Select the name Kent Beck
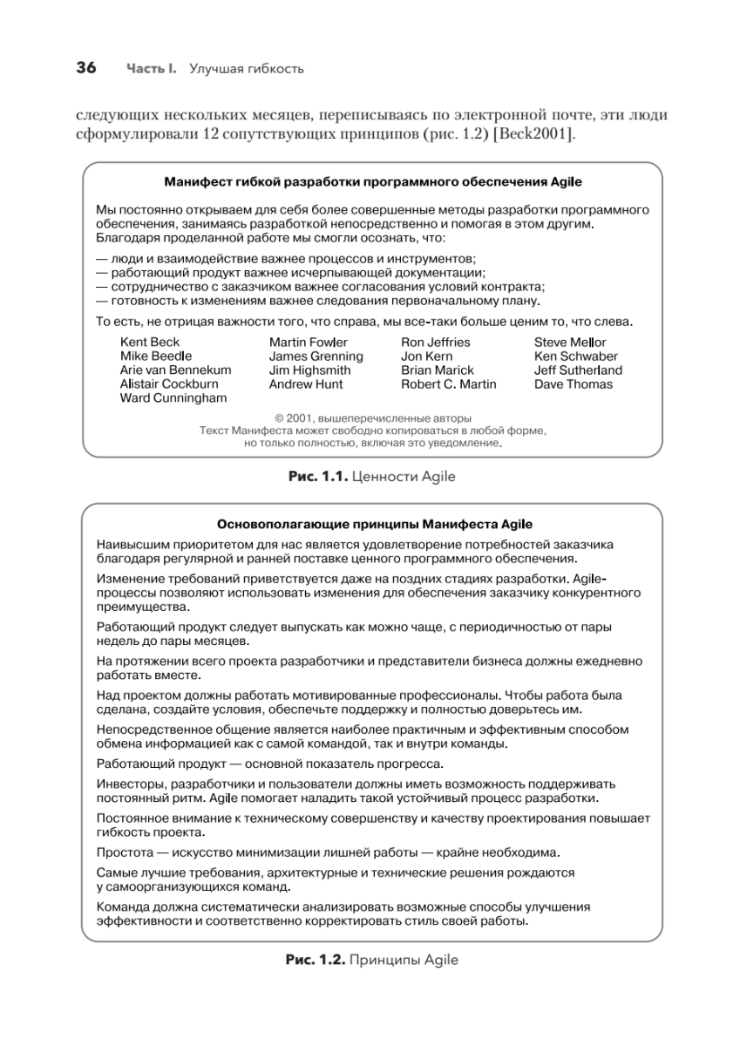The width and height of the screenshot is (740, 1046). [150, 343]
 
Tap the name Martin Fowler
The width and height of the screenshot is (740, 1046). [308, 343]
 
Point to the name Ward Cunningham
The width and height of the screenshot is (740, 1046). [173, 398]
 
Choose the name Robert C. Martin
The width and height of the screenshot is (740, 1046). [448, 384]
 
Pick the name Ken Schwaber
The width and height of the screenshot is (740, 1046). [575, 357]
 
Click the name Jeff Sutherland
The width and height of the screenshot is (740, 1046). [578, 370]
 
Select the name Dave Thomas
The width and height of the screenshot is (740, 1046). [573, 384]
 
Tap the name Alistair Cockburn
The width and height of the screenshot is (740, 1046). [169, 384]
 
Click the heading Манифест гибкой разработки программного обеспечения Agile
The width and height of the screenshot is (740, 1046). [373, 182]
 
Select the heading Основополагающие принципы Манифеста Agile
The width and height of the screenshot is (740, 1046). [373, 524]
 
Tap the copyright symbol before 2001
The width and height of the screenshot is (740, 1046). [279, 418]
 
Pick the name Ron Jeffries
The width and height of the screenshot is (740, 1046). [435, 343]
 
